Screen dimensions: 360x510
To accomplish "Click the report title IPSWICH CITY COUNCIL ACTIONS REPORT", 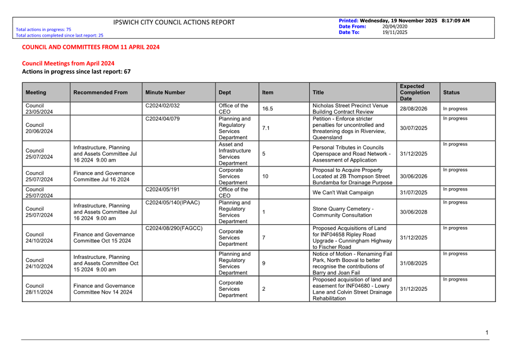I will pyautogui.click(x=174, y=22).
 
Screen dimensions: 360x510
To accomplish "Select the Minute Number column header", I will pyautogui.click(x=165, y=93).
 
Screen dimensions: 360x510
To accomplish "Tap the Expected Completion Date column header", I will pyautogui.click(x=415, y=93).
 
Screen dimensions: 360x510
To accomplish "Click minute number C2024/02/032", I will pyautogui.click(x=162, y=106).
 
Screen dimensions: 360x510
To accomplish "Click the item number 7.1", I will pyautogui.click(x=266, y=128).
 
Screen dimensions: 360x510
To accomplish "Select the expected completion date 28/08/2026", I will pyautogui.click(x=414, y=109).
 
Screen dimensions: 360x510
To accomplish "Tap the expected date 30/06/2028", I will pyautogui.click(x=414, y=212).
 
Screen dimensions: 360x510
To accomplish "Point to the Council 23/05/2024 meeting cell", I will pyautogui.click(x=39, y=109).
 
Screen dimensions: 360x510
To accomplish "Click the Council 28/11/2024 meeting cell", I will pyautogui.click(x=39, y=289).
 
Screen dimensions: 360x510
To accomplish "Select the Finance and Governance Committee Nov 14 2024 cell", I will pyautogui.click(x=104, y=289).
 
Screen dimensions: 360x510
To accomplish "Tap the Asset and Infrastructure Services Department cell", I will pyautogui.click(x=234, y=154).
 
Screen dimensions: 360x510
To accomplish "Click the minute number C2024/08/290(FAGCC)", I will pyautogui.click(x=174, y=229).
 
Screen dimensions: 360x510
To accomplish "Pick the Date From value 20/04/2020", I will pyautogui.click(x=395, y=26).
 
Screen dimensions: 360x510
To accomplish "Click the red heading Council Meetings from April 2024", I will pyautogui.click(x=68, y=64).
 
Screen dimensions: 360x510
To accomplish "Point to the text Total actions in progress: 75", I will pyautogui.click(x=43, y=30).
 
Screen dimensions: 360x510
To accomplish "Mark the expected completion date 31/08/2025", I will pyautogui.click(x=414, y=263).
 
